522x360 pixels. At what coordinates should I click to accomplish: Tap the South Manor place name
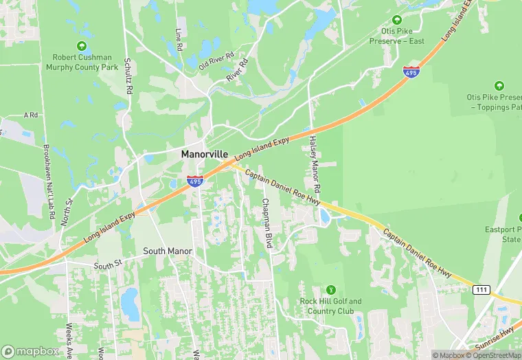163,251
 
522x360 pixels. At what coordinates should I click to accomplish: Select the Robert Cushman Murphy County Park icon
82,46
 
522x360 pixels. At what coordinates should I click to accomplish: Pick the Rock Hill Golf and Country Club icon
332,289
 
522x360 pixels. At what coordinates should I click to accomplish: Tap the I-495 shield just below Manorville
195,181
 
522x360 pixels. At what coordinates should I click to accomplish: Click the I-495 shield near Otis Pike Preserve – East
411,71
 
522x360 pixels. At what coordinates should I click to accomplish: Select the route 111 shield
481,291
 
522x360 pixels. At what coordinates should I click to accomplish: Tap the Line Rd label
179,40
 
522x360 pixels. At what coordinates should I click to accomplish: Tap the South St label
107,266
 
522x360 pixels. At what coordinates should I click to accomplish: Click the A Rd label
31,115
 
